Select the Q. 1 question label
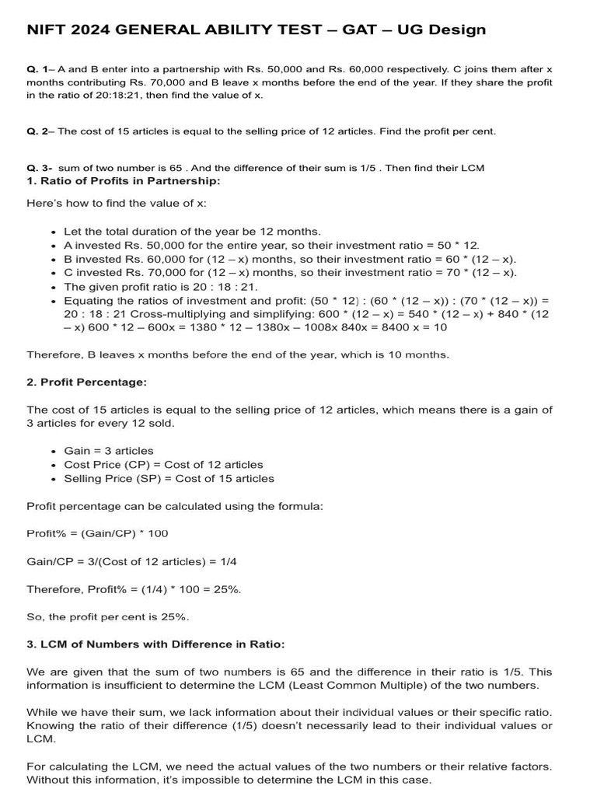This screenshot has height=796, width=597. [x=37, y=69]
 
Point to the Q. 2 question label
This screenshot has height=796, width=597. [x=37, y=131]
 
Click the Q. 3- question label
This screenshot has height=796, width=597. [x=39, y=168]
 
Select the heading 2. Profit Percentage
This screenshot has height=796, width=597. [x=86, y=382]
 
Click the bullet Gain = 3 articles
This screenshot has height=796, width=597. [x=108, y=451]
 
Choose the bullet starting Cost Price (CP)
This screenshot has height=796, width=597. [x=163, y=465]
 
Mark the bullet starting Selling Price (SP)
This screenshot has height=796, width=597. [x=169, y=479]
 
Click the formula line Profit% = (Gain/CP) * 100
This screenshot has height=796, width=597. [x=97, y=533]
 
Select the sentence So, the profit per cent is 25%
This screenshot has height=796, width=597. [x=108, y=616]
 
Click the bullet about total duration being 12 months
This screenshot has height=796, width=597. [x=191, y=232]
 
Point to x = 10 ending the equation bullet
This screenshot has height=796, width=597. [x=428, y=327]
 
